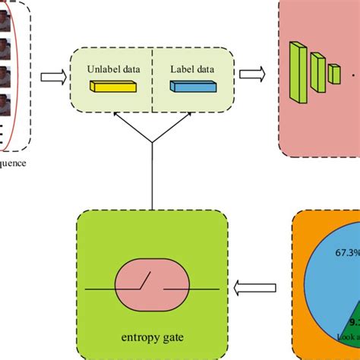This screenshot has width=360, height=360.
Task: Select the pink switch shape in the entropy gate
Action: tap(153, 289)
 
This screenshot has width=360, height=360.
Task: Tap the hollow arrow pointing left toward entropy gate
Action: tap(250, 288)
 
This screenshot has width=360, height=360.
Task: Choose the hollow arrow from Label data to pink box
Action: tap(251, 74)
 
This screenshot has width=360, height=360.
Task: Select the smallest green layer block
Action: tap(333, 74)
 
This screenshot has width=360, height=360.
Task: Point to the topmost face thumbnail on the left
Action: tap(6, 15)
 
